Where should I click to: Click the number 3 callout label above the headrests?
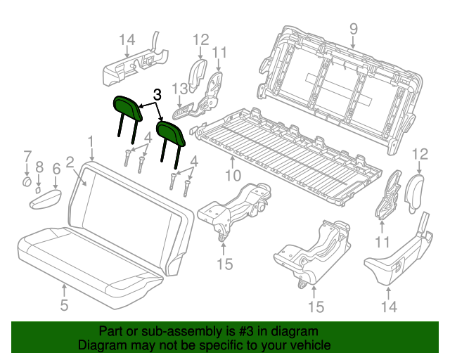point(157,94)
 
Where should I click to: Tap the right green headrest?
point(170,131)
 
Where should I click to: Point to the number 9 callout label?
point(353,29)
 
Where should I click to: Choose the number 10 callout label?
point(233,175)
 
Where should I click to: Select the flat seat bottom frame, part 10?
point(288,151)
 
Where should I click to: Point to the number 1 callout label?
point(91,144)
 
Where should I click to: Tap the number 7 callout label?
point(27,155)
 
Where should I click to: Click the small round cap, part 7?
point(25,182)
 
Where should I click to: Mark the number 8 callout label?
point(39,167)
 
